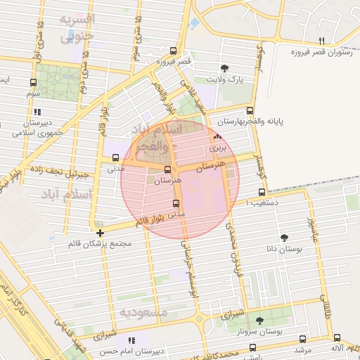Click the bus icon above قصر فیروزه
pos(174,51)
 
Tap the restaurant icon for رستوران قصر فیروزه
pos(321,40)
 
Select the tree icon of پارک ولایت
pos(224,68)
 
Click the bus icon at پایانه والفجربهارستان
pos(250,110)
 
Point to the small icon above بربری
pos(217,137)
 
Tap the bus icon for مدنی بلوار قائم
pos(175,203)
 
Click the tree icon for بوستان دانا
pos(284,238)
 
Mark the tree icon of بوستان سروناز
pos(259,320)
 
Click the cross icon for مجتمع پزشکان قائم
pos(101,233)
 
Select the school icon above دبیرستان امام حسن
pos(131,340)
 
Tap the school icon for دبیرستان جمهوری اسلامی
pos(37,111)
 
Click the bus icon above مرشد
pos(302,337)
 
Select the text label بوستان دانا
pos(285,250)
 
